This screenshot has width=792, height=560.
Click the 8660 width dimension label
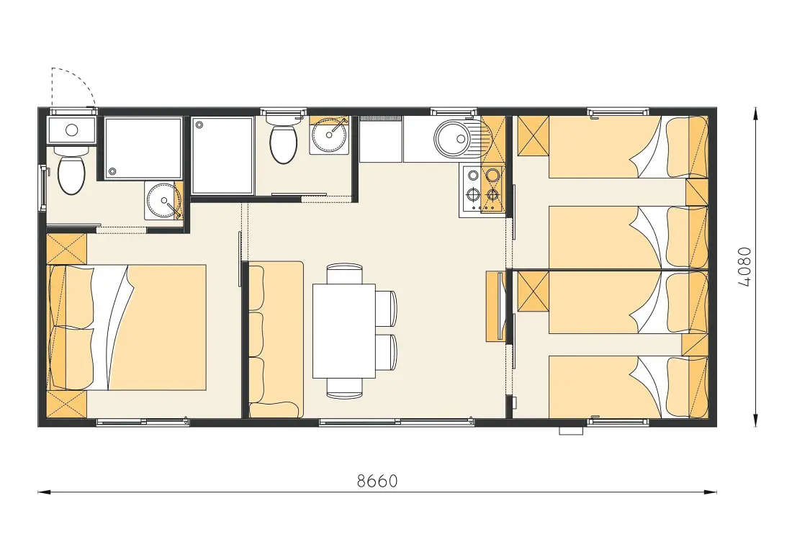pos(377,481)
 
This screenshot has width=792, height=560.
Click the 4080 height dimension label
pos(744,267)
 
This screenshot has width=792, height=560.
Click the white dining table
pos(344,331)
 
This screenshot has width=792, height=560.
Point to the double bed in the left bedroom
pos(127,328)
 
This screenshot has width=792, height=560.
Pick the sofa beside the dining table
pos(276,339)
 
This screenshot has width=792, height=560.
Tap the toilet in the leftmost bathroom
pos(71,170)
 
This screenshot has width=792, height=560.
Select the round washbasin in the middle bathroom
pos(329,135)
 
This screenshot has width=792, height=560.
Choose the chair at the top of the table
pos(344,274)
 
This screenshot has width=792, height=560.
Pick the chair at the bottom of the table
pos(344,388)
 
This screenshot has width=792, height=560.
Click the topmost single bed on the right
pos(629,147)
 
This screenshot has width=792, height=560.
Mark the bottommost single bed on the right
pos(629,387)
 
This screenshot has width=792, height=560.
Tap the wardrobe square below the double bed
pos(67,404)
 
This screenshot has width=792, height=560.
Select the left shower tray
pos(143,149)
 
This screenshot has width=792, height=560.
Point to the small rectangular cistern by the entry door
pos(71,130)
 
